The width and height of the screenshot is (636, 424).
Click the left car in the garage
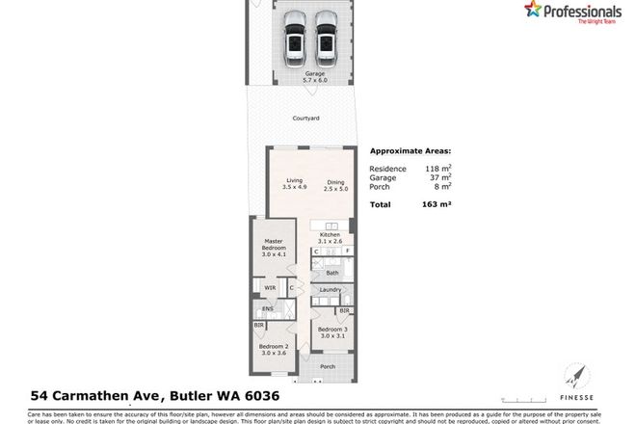pyautogui.click(x=296, y=39)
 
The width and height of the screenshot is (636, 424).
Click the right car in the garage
pyautogui.click(x=326, y=39)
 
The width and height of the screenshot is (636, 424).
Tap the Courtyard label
pyautogui.click(x=306, y=119)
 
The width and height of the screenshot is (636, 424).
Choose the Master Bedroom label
pyautogui.click(x=274, y=249)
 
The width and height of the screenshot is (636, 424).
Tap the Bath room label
pyautogui.click(x=332, y=274)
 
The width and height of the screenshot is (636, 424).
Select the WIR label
pyautogui.click(x=271, y=288)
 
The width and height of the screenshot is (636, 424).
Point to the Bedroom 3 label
pyautogui.click(x=332, y=332)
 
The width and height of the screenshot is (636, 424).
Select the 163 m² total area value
pyautogui.click(x=438, y=205)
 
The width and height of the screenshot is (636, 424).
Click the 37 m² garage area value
pyautogui.click(x=438, y=177)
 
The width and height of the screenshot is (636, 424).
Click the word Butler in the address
pyautogui.click(x=205, y=394)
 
